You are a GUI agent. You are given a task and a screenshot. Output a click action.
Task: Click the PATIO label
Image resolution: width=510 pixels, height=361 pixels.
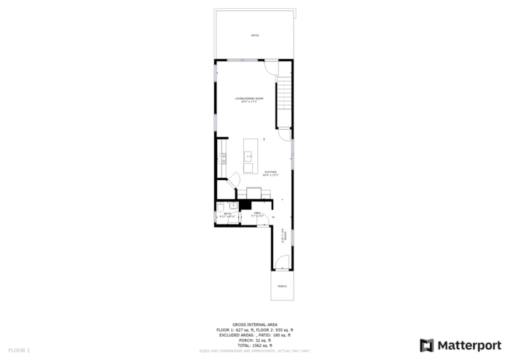(255, 35)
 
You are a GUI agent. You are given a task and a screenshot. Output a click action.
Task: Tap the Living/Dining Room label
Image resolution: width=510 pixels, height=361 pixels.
(248, 98)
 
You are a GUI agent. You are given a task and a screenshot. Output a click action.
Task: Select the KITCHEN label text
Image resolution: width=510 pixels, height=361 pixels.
(270, 173)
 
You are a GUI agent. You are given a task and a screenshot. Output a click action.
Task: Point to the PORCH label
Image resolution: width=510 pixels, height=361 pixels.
(281, 286)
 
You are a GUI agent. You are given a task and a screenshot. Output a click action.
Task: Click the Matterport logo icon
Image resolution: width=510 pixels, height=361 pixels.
(427, 345)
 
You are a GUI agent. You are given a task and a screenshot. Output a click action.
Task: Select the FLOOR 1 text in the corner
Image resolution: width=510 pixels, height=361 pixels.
(19, 351)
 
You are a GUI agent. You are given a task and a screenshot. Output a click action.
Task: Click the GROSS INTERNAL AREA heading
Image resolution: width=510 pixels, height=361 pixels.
(254, 325)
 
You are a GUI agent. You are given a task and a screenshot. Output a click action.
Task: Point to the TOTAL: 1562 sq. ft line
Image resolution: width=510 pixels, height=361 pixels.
(254, 345)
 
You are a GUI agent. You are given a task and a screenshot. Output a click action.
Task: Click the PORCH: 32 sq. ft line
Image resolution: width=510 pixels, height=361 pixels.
(254, 340)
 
